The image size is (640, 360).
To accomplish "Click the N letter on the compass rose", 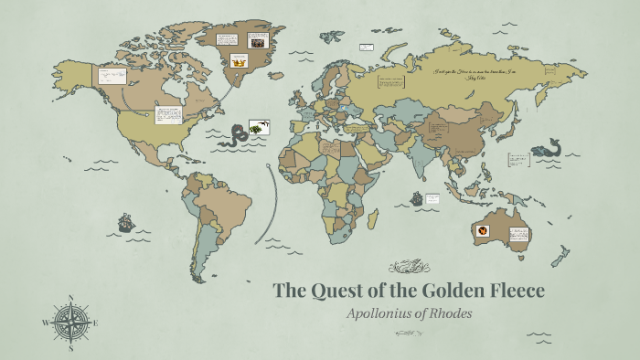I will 71,298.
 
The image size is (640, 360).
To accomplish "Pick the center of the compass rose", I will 71,323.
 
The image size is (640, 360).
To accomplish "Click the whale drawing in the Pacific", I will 549,147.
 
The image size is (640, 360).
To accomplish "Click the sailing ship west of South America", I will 125,222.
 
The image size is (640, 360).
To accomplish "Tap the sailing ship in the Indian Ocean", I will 416,197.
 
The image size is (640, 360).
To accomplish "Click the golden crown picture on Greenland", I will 240,61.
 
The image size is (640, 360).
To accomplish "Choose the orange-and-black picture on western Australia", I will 483,231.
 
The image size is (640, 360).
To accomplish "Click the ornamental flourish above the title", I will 409,267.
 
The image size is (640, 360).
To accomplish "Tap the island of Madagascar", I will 374,217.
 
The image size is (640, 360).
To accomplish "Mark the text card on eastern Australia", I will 518,234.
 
